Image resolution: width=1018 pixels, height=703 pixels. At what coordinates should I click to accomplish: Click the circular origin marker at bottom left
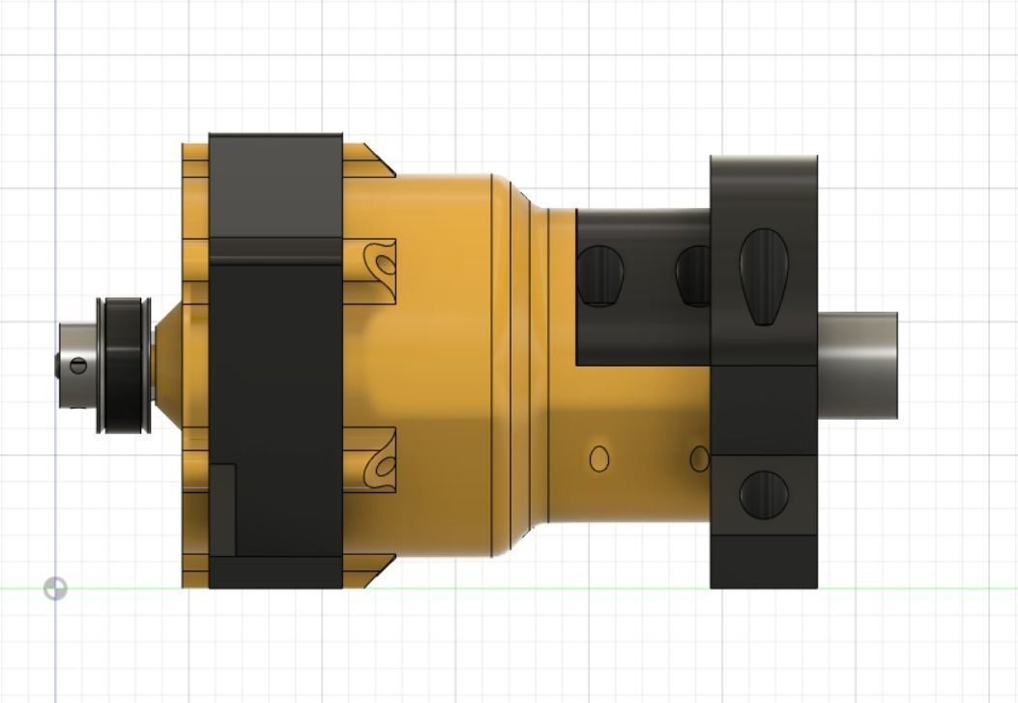tap(56, 588)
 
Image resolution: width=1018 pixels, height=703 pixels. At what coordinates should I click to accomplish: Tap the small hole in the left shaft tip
tap(78, 365)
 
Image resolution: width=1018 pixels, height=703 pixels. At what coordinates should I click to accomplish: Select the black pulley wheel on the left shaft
tap(125, 365)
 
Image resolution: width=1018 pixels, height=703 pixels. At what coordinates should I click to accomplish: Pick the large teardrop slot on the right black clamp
tap(763, 277)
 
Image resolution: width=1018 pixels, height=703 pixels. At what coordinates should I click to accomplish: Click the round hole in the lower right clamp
tap(764, 494)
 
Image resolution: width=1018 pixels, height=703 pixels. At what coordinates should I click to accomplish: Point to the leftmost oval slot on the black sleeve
tap(599, 276)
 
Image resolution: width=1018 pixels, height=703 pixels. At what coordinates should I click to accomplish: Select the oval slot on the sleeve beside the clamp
tap(694, 276)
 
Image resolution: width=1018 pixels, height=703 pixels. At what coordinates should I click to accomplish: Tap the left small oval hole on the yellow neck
tap(599, 458)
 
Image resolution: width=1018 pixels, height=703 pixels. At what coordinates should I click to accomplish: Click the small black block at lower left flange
tap(223, 508)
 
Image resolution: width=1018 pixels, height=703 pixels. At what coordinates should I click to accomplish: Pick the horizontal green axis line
tap(483, 588)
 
